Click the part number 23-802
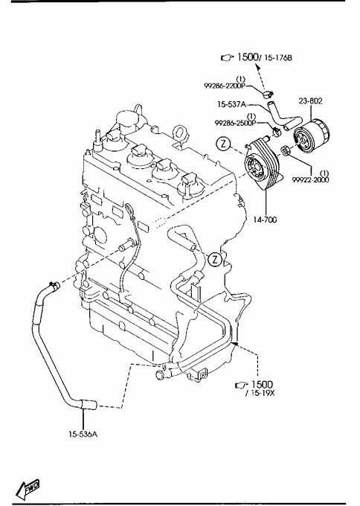point(310,101)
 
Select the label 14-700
point(265,220)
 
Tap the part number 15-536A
point(83,434)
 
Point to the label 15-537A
point(231,104)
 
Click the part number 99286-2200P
point(225,86)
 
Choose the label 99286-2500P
point(236,123)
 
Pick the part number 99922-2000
point(311,180)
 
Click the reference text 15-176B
point(278,58)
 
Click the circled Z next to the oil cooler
point(223,144)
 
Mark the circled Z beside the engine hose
point(215,260)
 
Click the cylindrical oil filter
point(311,137)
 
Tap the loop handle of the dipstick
point(128,208)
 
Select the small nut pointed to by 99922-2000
point(285,150)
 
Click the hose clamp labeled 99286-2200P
point(268,95)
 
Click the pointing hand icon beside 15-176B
point(228,58)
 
